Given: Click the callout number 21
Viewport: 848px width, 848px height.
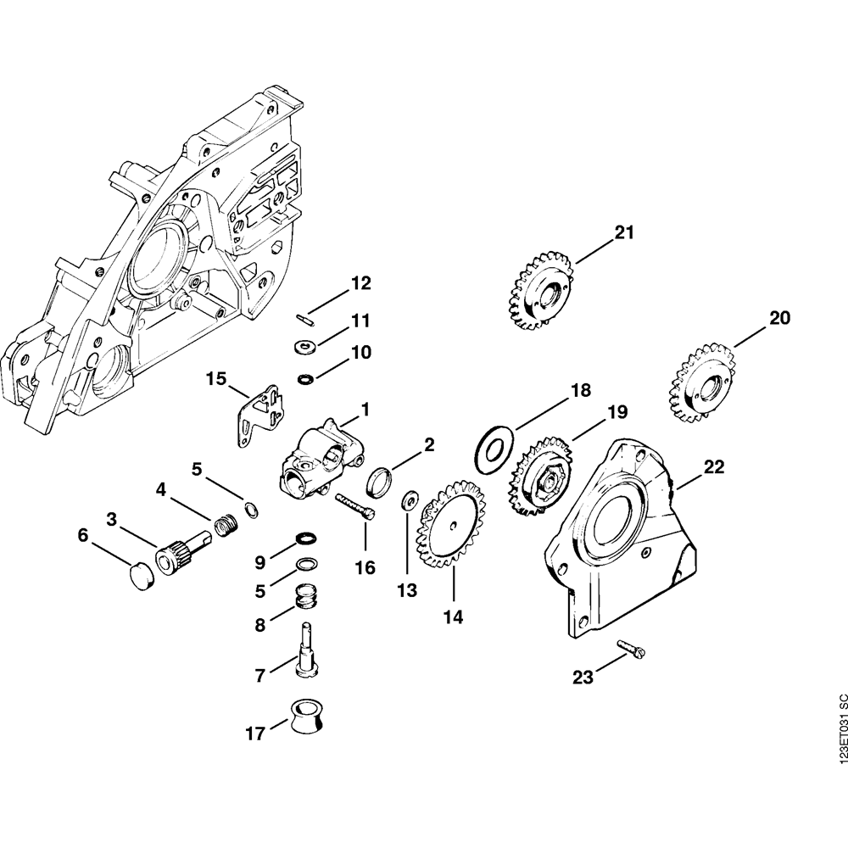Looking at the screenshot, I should point(624,232).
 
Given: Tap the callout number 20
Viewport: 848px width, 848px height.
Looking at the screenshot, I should point(779,319).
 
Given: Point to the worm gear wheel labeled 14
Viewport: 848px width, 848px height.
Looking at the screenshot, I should point(448,523).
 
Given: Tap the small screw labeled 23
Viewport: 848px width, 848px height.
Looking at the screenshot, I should point(633,650).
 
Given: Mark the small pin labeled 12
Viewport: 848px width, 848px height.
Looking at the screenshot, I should point(304,318).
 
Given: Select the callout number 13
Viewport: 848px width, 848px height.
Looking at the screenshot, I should point(408,589).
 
